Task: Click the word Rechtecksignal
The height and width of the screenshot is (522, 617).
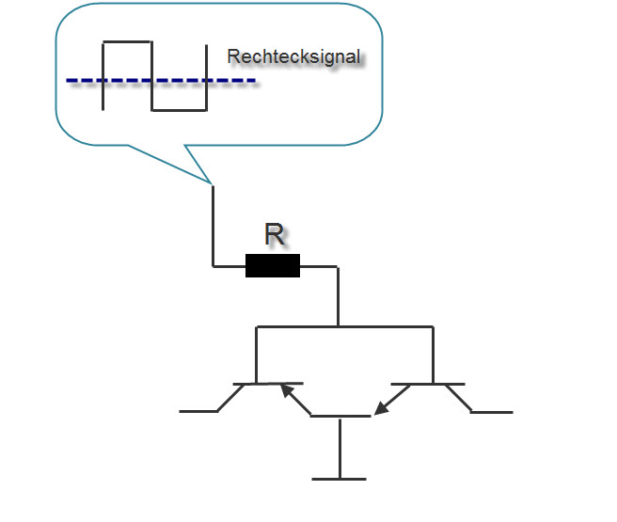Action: [293, 56]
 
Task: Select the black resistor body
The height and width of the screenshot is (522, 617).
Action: [273, 266]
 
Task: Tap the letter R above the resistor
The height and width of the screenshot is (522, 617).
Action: [274, 235]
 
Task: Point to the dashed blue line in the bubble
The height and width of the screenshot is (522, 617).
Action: [160, 81]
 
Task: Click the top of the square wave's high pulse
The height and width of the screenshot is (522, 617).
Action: [126, 42]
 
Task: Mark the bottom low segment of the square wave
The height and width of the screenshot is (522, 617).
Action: [179, 110]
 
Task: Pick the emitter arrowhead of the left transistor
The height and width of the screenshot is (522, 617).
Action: [285, 388]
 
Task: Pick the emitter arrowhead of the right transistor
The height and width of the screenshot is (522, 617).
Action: [380, 408]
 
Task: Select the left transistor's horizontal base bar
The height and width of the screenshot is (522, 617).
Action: [268, 384]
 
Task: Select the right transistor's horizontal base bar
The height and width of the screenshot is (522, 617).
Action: [429, 384]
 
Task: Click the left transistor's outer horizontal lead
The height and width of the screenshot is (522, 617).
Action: [198, 412]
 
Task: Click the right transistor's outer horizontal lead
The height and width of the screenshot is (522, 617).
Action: [492, 412]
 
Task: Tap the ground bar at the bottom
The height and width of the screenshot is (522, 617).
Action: [339, 479]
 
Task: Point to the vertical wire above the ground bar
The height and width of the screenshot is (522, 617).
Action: [339, 448]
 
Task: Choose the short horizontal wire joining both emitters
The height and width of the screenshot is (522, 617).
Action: [339, 416]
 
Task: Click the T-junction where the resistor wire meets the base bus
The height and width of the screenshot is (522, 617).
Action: [338, 326]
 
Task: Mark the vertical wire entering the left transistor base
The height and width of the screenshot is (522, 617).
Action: [257, 356]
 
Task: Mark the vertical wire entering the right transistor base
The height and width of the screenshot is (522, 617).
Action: [433, 356]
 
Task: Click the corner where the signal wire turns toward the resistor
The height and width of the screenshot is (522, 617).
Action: [214, 266]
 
